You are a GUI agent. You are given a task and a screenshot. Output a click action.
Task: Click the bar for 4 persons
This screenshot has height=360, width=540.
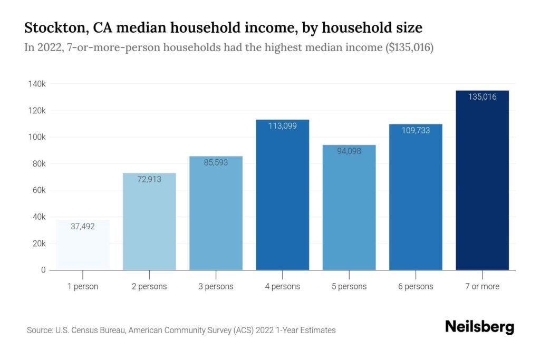(282, 195)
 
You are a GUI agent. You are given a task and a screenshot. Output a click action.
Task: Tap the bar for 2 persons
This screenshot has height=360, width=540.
(149, 221)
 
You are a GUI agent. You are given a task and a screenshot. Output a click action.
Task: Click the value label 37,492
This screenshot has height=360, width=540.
(83, 226)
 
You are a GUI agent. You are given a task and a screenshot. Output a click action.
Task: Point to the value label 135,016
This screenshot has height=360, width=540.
(482, 97)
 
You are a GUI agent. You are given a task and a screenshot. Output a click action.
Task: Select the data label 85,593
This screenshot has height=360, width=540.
(216, 162)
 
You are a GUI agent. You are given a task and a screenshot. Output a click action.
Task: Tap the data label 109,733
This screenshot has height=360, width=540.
(415, 130)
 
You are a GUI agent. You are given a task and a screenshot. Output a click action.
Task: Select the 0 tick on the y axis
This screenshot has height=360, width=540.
(43, 270)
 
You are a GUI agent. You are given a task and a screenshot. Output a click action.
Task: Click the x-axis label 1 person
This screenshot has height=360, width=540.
(83, 287)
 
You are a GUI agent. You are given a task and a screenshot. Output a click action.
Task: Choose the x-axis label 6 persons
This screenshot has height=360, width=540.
(415, 287)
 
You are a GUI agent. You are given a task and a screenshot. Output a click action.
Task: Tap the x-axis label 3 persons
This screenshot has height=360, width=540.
(216, 287)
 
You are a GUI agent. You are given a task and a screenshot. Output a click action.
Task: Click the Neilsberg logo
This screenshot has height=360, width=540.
(479, 326)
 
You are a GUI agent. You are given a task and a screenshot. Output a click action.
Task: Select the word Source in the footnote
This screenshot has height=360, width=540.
(40, 330)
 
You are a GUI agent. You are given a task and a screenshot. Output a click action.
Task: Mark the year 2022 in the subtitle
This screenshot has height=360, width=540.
(46, 48)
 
